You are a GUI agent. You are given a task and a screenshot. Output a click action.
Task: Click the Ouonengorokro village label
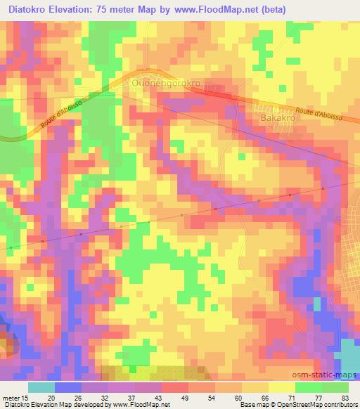[166, 83]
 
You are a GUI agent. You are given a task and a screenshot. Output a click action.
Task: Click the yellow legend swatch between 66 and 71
[281, 387]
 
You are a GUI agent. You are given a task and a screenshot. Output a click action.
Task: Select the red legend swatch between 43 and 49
[174, 387]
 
